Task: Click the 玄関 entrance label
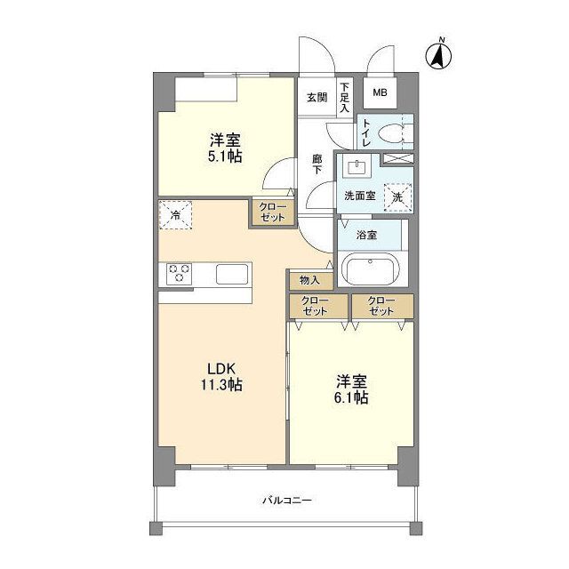[317, 98]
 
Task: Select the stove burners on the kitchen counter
[178, 274]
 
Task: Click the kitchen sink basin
[234, 274]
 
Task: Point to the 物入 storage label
[309, 280]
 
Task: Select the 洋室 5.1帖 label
[226, 147]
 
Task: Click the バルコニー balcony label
[286, 501]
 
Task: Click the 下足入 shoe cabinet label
[345, 97]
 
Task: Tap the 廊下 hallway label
[317, 164]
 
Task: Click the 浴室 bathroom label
[366, 236]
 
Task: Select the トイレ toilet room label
[365, 132]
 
